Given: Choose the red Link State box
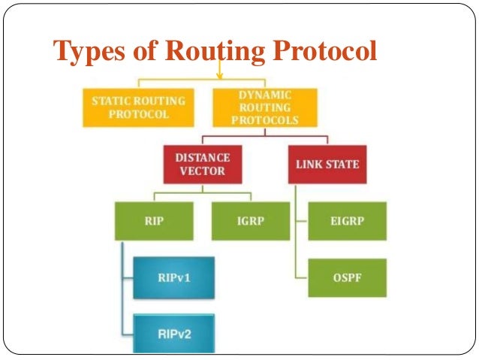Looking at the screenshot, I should tap(327, 164).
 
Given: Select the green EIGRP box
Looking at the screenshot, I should tap(347, 221).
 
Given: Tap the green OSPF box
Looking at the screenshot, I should tap(347, 278).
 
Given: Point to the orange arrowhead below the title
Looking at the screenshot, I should tap(221, 75).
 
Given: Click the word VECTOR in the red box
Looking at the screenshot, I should tap(202, 171).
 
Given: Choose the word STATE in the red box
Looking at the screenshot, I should tap(342, 164).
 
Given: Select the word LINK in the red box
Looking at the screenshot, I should tap(310, 164).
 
